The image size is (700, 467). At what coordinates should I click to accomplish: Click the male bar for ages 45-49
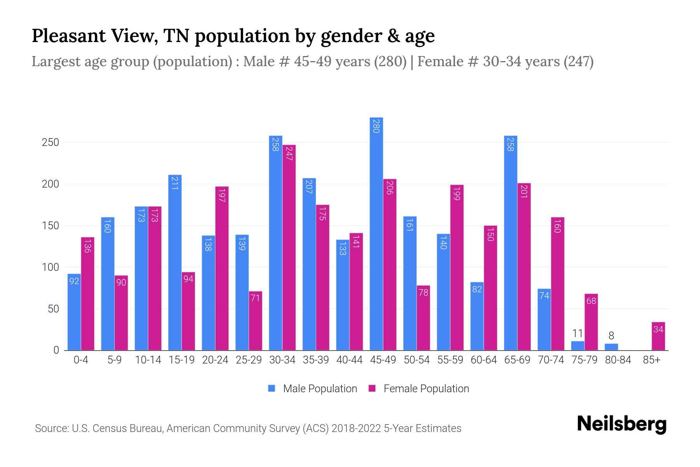[x=376, y=233]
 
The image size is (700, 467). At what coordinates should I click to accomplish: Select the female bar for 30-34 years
[x=289, y=248]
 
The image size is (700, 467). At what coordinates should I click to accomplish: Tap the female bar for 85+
[x=658, y=336]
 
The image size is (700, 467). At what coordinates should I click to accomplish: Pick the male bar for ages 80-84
[x=611, y=347]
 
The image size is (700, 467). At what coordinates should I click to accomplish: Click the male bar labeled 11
[x=577, y=346]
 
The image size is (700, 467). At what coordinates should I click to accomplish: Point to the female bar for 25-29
[x=255, y=321]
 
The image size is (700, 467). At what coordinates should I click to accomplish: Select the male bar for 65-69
[x=510, y=243]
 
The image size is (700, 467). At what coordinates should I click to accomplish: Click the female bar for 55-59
[x=457, y=267]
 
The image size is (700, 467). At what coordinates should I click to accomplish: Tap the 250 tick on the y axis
[x=50, y=142]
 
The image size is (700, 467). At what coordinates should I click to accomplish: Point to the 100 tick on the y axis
[x=50, y=267]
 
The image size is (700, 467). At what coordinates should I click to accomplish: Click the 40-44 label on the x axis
[x=349, y=360]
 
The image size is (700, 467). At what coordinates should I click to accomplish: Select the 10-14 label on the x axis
[x=148, y=360]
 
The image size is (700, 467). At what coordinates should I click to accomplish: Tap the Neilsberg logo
[x=621, y=424]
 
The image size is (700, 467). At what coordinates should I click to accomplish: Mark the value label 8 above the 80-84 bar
[x=611, y=335]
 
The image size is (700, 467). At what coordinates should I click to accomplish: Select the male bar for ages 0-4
[x=74, y=312]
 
